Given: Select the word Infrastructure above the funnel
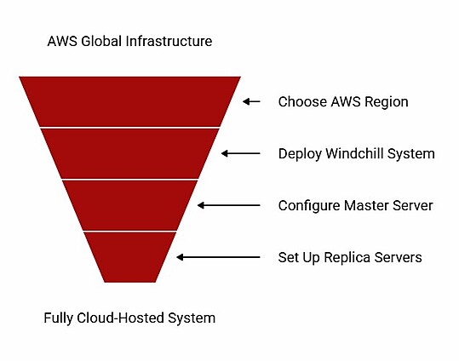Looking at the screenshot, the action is click(x=169, y=41).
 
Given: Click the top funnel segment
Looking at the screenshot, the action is click(x=129, y=101).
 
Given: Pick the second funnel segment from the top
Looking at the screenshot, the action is click(x=129, y=153).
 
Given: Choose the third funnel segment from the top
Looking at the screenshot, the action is click(x=129, y=205).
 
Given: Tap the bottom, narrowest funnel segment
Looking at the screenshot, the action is click(x=129, y=257).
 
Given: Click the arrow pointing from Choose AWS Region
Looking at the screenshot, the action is click(x=251, y=101).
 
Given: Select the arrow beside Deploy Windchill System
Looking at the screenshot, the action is click(x=241, y=153).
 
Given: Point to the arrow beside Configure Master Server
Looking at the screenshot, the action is click(x=229, y=205).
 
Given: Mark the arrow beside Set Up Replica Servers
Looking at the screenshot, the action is click(x=218, y=257).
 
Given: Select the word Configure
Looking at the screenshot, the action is click(x=309, y=206).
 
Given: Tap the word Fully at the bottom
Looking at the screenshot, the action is click(x=58, y=318).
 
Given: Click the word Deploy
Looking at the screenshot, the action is click(x=300, y=154).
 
